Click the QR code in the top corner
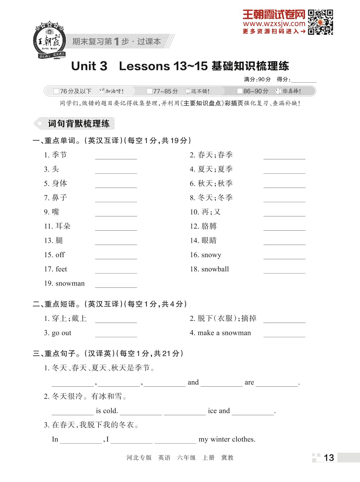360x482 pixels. [320, 22]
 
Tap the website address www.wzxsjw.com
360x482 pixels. [274, 24]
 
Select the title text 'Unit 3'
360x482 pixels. [89, 66]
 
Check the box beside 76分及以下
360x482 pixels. [56, 91]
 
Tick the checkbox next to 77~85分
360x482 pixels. [149, 91]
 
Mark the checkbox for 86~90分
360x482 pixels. [240, 91]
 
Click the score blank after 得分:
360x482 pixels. [303, 80]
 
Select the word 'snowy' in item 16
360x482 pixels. [211, 255]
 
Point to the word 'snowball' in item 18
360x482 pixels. [215, 269]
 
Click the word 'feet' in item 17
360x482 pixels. [61, 269]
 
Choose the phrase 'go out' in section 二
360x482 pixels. [61, 333]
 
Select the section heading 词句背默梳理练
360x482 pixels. [78, 124]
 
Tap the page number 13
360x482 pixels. [329, 458]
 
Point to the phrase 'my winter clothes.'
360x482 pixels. [227, 439]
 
